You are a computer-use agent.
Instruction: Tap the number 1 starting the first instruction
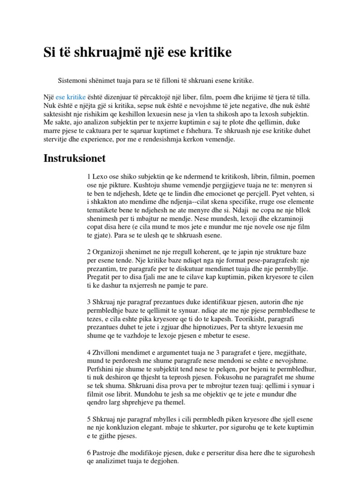click(x=89, y=176)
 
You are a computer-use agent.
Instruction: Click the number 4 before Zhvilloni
click(x=89, y=352)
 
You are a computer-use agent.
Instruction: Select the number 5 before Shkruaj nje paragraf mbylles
click(x=89, y=419)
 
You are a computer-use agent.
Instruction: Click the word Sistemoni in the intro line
click(x=73, y=81)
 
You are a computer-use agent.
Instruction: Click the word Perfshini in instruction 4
click(x=102, y=369)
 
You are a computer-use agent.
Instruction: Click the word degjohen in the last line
click(x=165, y=461)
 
